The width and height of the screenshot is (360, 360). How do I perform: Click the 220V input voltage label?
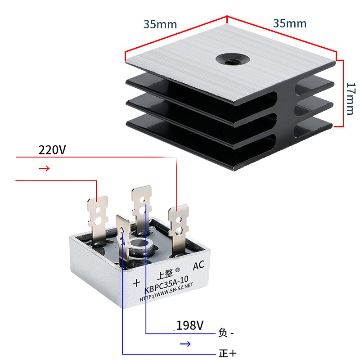(52, 150)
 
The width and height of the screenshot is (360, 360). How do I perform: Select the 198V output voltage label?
(190, 325)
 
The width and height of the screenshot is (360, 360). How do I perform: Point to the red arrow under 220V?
(44, 169)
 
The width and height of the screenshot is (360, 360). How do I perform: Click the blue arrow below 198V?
(185, 344)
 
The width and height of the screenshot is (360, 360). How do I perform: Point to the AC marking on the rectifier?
(198, 266)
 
